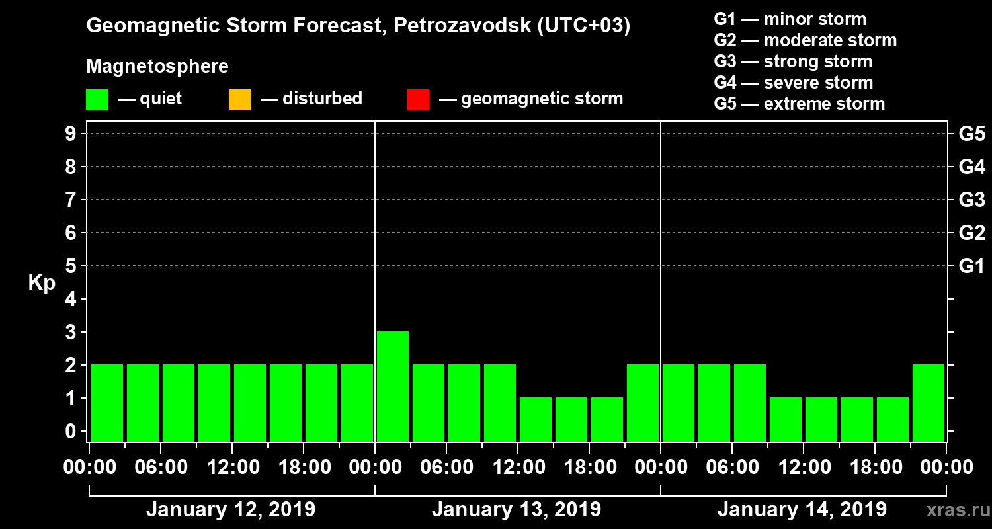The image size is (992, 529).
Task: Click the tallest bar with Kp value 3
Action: click(393, 386)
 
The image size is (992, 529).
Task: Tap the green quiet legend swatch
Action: click(97, 100)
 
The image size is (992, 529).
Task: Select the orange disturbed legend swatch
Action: click(239, 100)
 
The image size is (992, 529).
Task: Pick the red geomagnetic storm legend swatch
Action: click(418, 100)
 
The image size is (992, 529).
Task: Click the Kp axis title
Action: click(42, 282)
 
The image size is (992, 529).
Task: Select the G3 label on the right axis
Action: click(971, 200)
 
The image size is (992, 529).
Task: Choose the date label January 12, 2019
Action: click(231, 510)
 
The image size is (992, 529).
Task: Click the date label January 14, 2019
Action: click(802, 510)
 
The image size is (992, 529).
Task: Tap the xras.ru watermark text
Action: click(954, 510)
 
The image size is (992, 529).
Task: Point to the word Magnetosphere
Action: click(157, 67)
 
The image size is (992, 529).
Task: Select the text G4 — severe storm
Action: click(794, 83)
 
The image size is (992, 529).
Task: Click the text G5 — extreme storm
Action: click(799, 104)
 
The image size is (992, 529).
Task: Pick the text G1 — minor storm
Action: click(790, 19)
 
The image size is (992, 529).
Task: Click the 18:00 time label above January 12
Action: click(304, 468)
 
